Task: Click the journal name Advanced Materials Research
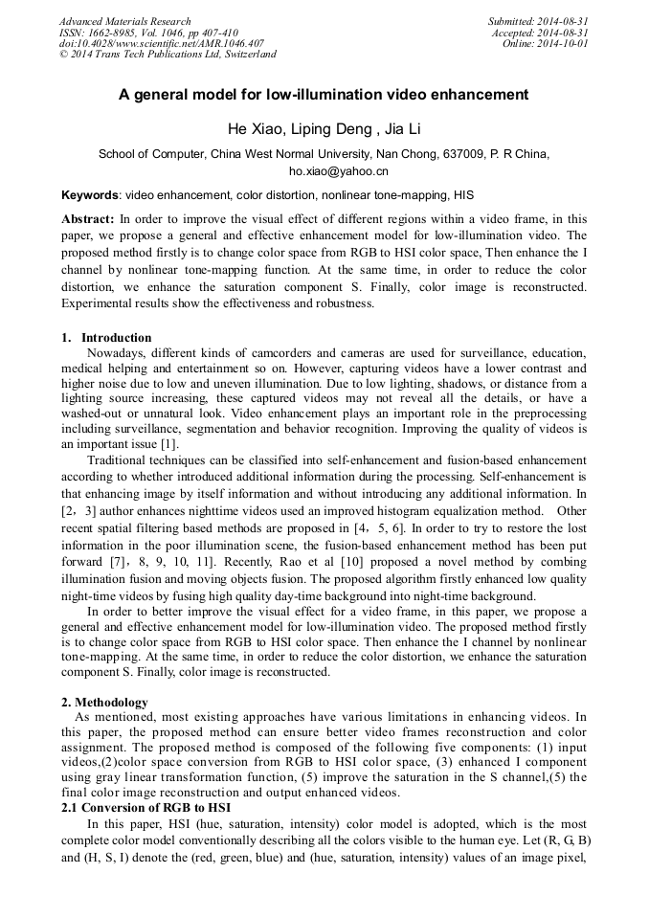click(x=125, y=21)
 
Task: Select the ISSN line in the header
click(x=148, y=33)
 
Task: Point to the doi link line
click(x=161, y=43)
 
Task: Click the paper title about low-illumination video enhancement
click(x=324, y=95)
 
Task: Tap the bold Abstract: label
click(x=88, y=218)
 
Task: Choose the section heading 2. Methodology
click(x=104, y=703)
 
